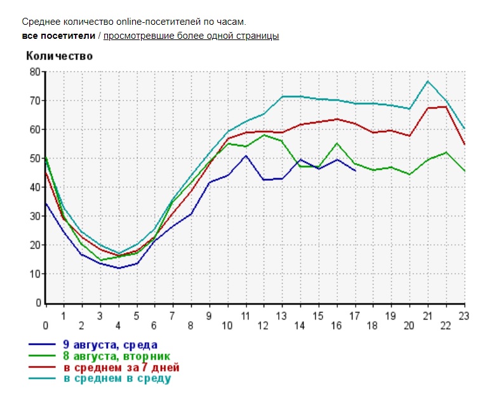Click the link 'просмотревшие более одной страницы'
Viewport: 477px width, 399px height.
191,36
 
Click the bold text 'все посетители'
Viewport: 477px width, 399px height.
58,36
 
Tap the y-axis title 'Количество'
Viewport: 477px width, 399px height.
59,56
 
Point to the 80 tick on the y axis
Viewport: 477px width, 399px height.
34,72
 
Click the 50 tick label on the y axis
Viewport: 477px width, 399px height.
34,158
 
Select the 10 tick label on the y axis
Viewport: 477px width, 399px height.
34,274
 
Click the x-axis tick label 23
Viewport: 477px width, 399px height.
464,314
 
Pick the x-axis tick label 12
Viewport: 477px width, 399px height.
263,325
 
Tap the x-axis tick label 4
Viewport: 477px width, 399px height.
118,325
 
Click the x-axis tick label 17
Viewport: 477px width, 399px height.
355,314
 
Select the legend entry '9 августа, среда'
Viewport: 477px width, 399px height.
109,346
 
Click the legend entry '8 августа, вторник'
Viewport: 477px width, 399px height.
116,357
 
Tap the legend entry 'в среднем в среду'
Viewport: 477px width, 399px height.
116,379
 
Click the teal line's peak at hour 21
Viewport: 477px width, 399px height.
428,81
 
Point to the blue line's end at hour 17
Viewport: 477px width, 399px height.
355,171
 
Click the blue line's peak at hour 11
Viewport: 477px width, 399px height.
246,155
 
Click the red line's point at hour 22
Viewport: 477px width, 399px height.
446,106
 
